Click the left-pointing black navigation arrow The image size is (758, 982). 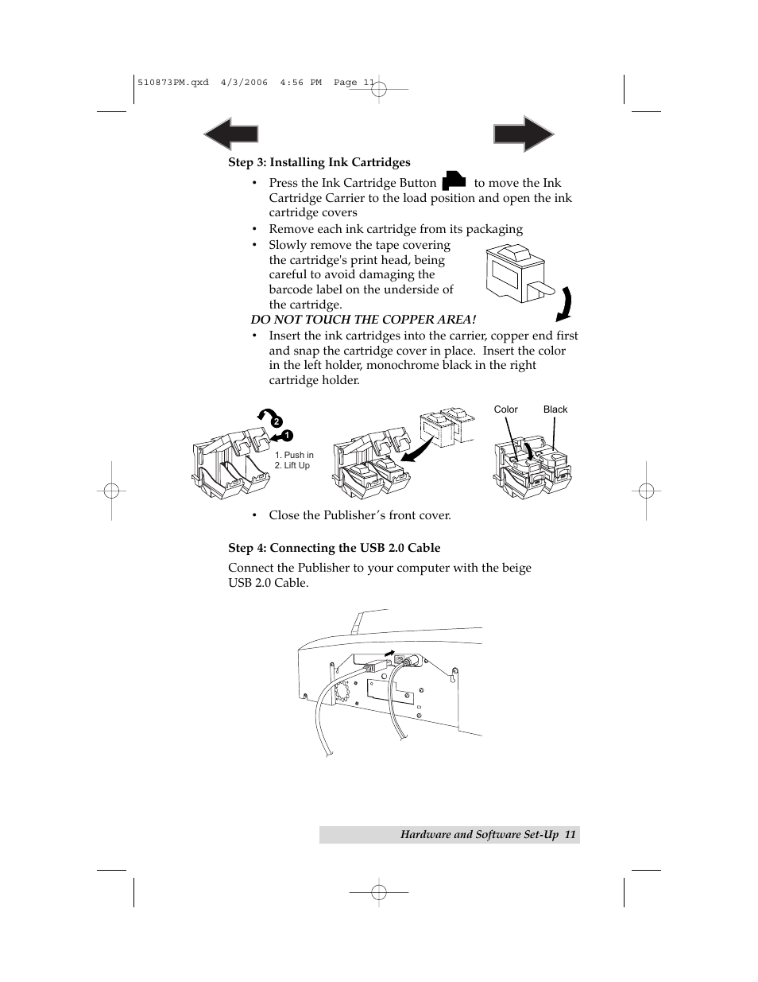[x=230, y=134]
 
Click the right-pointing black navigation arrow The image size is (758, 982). [x=524, y=134]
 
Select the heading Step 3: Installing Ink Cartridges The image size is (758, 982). [x=319, y=162]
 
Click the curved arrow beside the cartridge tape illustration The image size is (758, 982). [x=564, y=302]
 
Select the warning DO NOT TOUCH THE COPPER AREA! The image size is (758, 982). [x=363, y=320]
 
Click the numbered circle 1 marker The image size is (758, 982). [x=287, y=435]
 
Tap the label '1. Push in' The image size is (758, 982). [x=294, y=456]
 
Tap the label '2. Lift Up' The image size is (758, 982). [x=292, y=466]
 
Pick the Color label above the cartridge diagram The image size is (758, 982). [x=505, y=409]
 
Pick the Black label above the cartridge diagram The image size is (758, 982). [x=555, y=409]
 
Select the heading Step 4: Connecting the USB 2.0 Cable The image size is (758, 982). [x=334, y=548]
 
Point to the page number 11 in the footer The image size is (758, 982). [x=570, y=835]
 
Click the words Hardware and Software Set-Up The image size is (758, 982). [x=480, y=835]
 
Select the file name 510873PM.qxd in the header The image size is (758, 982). [x=173, y=82]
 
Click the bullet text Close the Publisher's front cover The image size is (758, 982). [x=359, y=515]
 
